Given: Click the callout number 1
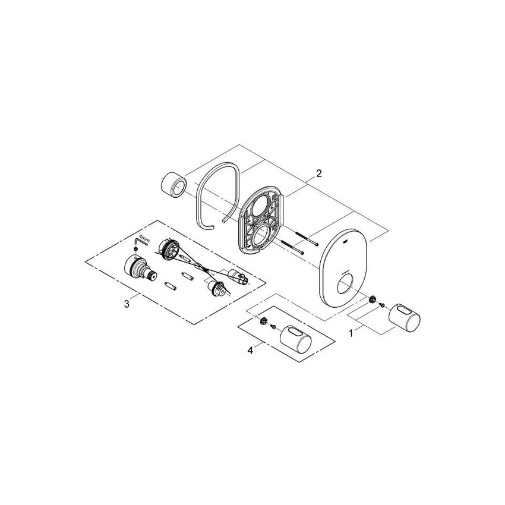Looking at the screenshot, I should [x=351, y=333].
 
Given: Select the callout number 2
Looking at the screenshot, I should [x=318, y=173].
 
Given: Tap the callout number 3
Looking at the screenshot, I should [x=127, y=304].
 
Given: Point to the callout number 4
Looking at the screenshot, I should [x=250, y=351].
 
